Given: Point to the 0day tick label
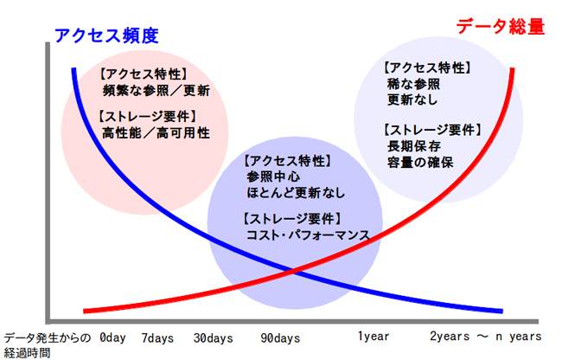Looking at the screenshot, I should point(113,336).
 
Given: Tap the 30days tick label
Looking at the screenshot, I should point(214,336).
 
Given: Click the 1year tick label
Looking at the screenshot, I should point(375,336).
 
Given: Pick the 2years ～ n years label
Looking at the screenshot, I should point(485,336).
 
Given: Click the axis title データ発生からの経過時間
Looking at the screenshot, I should point(46,344).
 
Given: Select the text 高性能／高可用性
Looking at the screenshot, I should point(156,133).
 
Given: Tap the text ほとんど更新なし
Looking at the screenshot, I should point(295,192).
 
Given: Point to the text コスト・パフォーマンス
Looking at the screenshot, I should point(308,235).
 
